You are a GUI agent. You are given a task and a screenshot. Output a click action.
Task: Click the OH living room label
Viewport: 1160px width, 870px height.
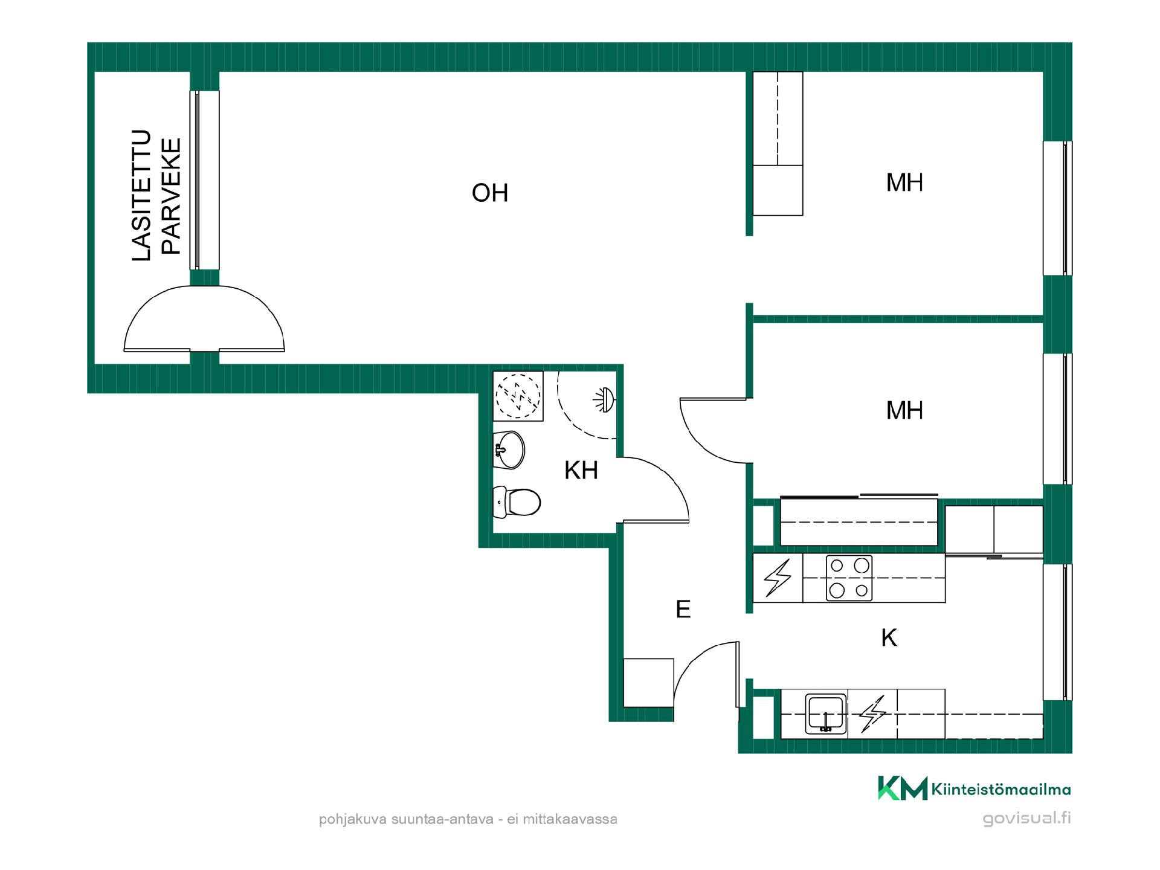490,193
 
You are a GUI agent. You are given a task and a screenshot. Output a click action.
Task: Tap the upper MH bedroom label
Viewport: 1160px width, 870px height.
904,182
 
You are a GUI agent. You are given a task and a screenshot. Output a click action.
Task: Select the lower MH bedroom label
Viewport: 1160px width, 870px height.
904,411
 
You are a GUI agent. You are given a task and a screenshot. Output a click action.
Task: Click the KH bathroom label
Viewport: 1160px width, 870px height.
581,470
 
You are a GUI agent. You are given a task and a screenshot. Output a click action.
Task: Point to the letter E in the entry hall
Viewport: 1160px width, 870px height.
683,609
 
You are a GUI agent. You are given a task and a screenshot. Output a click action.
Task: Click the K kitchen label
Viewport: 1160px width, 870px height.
889,638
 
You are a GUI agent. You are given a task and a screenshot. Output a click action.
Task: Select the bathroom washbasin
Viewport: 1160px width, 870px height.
509,449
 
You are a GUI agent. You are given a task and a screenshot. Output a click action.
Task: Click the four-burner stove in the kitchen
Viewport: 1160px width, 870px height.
849,578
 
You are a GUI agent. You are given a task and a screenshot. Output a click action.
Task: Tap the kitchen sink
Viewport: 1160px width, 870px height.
826,714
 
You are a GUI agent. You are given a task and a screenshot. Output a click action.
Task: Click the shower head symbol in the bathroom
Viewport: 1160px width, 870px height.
605,400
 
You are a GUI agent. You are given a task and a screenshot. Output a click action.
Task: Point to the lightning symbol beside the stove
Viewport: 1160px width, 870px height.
778,578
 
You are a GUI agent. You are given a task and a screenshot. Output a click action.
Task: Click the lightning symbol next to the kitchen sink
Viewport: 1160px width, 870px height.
872,714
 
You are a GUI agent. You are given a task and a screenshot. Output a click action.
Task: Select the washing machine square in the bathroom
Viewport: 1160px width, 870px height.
518,396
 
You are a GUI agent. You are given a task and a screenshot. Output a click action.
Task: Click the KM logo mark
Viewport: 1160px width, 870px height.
903,788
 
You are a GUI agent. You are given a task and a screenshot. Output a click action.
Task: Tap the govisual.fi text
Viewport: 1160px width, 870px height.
1026,819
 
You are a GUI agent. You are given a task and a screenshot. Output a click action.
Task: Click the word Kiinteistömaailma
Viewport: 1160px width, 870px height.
1001,789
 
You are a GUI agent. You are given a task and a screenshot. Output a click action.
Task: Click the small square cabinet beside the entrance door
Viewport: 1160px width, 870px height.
648,683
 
